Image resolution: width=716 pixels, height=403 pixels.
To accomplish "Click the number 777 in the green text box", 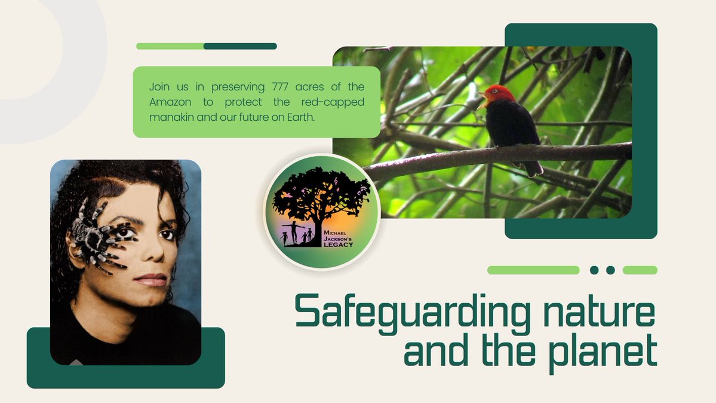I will point(272,87).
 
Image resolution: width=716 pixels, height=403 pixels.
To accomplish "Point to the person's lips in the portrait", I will point(150,279).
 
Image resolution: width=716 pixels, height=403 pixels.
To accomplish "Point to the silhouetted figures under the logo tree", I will point(296,234).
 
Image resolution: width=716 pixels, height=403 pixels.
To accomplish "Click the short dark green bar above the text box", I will point(240,46).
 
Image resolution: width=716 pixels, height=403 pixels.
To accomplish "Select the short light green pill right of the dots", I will point(640,270).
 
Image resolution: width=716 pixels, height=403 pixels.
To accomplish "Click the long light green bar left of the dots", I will point(533,270).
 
